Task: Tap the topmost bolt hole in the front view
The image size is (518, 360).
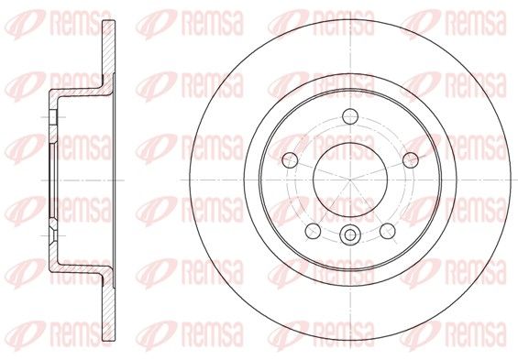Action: tap(350, 116)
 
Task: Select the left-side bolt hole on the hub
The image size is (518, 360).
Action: tap(290, 160)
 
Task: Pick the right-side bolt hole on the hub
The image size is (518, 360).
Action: tap(411, 160)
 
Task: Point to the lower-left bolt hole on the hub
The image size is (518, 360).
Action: tap(313, 231)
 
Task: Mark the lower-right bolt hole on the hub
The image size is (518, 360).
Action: tap(388, 231)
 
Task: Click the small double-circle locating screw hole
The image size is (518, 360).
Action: tap(350, 235)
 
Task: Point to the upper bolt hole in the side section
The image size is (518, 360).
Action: tap(53, 117)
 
